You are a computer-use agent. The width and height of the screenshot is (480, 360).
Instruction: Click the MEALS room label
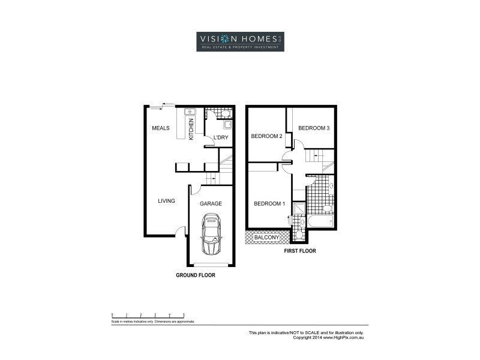tap(160, 128)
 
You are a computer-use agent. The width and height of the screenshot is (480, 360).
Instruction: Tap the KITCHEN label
tap(191, 128)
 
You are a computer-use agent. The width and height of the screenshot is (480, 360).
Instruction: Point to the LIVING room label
tap(166, 201)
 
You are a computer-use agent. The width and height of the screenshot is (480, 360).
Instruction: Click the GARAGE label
tap(211, 203)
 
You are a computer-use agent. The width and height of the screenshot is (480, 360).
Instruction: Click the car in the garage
tap(211, 236)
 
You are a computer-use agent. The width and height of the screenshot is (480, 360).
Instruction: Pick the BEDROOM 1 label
tap(269, 203)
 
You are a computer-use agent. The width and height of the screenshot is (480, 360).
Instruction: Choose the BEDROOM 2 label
tap(266, 136)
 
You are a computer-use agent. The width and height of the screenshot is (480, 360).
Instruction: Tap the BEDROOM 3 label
tap(314, 128)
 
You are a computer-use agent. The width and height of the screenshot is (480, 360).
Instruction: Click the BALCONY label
tap(266, 238)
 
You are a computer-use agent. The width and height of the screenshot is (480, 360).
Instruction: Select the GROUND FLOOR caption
tap(195, 275)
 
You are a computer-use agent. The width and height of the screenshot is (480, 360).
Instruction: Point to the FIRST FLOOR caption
tap(300, 251)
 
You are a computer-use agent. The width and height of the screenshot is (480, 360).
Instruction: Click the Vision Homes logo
tap(240, 41)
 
